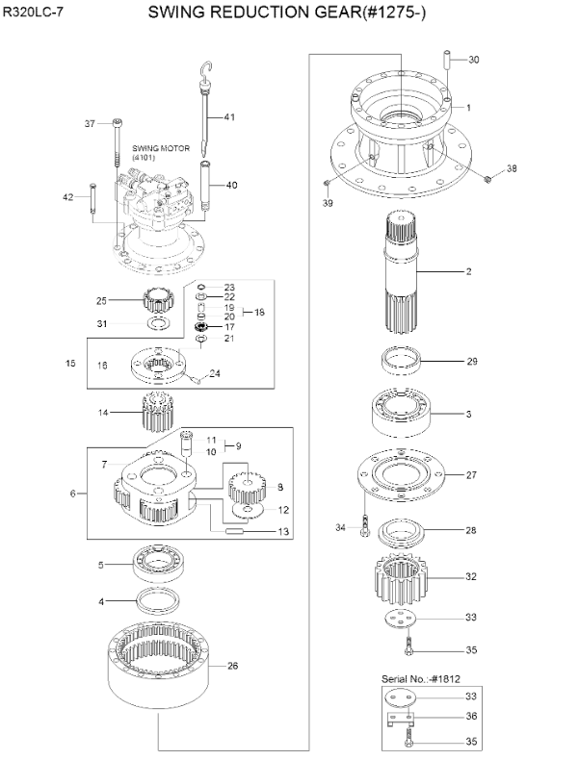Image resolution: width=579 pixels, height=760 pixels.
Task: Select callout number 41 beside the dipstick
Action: tap(229, 117)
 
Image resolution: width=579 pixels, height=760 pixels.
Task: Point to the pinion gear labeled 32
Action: tap(396, 578)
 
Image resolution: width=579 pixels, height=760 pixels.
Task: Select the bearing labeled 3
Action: tap(398, 414)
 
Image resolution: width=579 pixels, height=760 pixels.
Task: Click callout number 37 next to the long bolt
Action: tap(90, 123)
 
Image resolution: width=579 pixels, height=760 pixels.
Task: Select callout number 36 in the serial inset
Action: tap(471, 715)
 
